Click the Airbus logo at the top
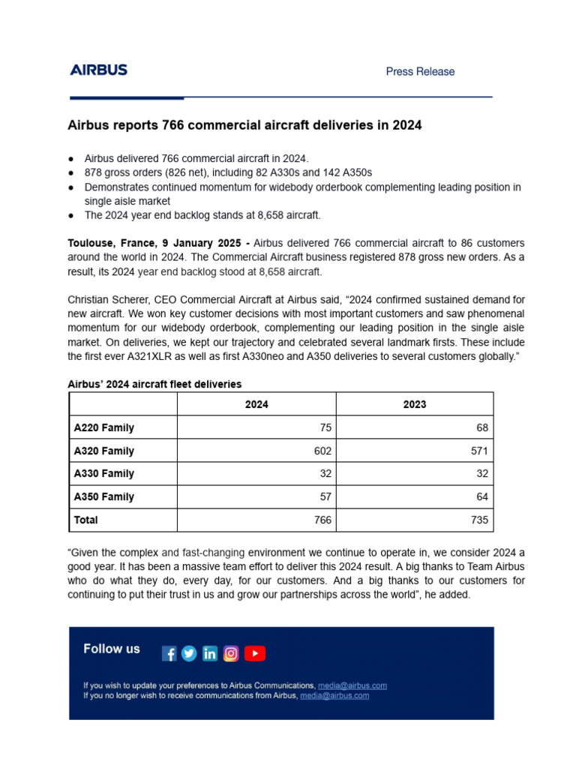tap(98, 70)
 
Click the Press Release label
tap(420, 72)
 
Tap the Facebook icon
tap(169, 654)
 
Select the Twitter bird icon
tap(189, 654)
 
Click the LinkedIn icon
tap(210, 654)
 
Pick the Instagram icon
tap(231, 654)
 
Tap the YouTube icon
tap(255, 654)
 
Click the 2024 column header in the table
tap(256, 404)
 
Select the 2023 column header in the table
tap(414, 404)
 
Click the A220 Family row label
tap(103, 427)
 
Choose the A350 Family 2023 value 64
tap(481, 496)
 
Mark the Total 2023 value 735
tap(479, 520)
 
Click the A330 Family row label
tap(103, 473)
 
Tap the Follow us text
tap(112, 649)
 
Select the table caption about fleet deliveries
tap(154, 384)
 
